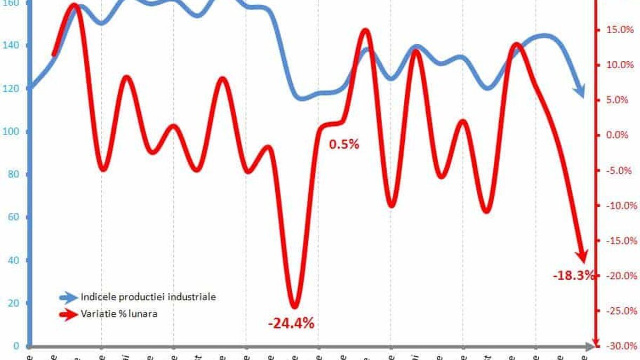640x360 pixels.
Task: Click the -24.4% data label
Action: click(291, 323)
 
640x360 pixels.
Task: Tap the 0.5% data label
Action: click(345, 144)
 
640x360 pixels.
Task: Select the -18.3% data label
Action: click(573, 276)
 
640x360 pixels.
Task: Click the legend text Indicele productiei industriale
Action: click(148, 297)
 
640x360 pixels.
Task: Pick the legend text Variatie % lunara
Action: click(119, 314)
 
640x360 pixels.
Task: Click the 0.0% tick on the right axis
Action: click(619, 135)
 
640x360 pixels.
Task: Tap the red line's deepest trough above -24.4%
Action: click(294, 305)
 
